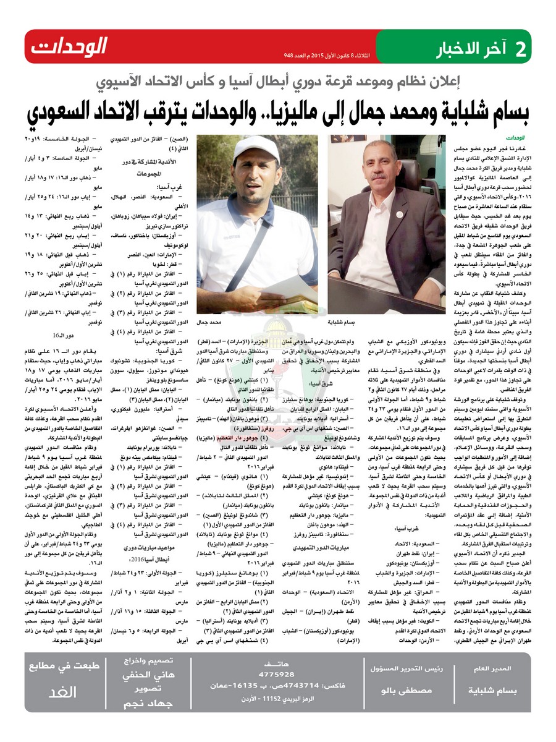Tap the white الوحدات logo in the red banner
coord(69,47)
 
